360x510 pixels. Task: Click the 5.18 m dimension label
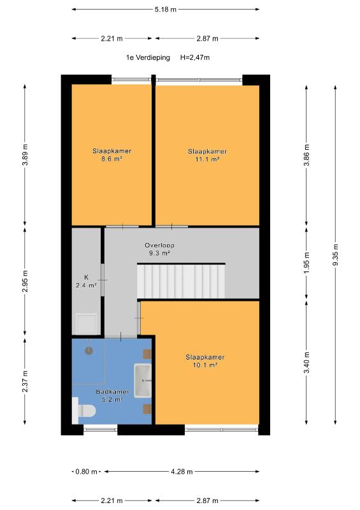coord(166,10)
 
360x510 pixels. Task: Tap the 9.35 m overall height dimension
coord(335,255)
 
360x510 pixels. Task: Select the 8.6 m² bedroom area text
coord(112,159)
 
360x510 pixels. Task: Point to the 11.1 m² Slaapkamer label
coord(207,156)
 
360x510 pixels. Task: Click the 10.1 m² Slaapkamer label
coord(205,361)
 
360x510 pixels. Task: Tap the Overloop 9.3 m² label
coord(159,249)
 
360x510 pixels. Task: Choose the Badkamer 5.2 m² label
coord(112,395)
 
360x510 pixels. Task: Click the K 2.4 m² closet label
coord(86,281)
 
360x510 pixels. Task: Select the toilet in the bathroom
coord(84,411)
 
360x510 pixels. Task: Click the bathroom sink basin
coord(143,380)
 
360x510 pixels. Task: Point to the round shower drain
coord(89,351)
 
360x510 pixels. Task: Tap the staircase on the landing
coord(181,281)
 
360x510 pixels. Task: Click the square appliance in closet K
coord(86,324)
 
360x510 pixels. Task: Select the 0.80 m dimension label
coord(86,471)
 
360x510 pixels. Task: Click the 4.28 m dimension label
coord(182,471)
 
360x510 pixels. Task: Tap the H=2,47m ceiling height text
coord(195,57)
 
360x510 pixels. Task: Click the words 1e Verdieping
coord(148,57)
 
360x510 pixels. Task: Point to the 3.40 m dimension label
coord(306,363)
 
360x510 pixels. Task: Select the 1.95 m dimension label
coord(306,263)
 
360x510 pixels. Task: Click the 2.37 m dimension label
coord(25,381)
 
